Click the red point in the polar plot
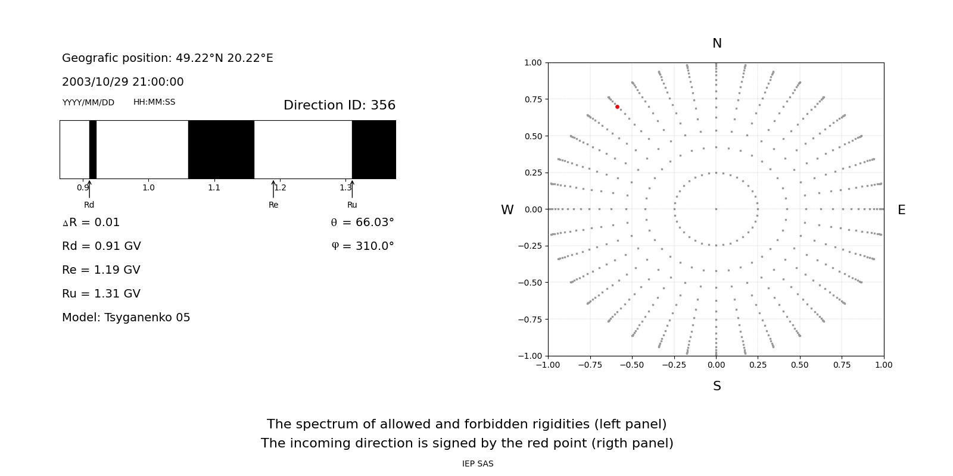(x=617, y=107)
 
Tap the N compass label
(x=717, y=43)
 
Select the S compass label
(x=717, y=386)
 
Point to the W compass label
(x=507, y=210)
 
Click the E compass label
(x=901, y=210)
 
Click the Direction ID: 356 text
(x=339, y=105)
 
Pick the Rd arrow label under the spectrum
(x=89, y=205)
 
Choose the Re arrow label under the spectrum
(x=273, y=205)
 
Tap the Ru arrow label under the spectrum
(x=352, y=205)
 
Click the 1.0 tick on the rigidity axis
(x=148, y=187)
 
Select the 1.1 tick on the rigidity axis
(x=214, y=187)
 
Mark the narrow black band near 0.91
(x=93, y=149)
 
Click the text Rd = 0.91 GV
(x=101, y=246)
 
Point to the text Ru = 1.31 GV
(x=101, y=294)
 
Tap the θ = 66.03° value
(x=362, y=223)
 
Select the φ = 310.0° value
(x=362, y=246)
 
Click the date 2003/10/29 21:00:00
(x=123, y=82)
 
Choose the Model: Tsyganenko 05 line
(x=126, y=318)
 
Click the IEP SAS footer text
(x=478, y=464)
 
